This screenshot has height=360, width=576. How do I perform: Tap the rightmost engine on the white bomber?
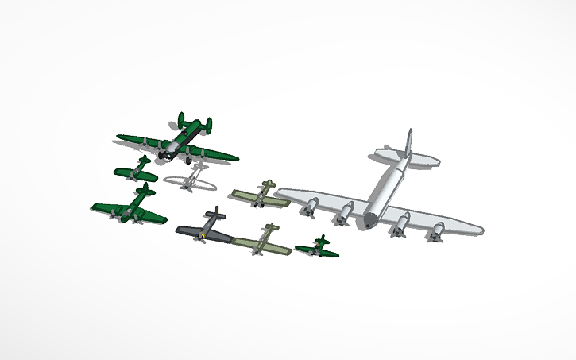pos(436,233)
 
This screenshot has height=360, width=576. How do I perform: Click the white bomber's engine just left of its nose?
pos(344,213)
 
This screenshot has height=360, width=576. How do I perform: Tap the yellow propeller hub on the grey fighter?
pos(204,235)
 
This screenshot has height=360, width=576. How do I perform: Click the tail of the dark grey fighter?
pos(212,214)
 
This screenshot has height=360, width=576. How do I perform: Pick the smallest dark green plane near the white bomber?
pos(319,248)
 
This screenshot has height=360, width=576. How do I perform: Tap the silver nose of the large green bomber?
pos(167,149)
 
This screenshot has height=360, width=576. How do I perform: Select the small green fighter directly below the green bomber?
pos(137,170)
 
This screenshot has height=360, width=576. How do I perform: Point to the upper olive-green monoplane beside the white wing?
pos(261,195)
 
